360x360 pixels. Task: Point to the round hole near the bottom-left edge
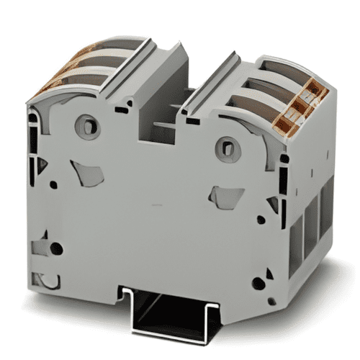(x=55, y=249)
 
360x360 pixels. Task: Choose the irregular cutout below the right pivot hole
(x=225, y=196)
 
